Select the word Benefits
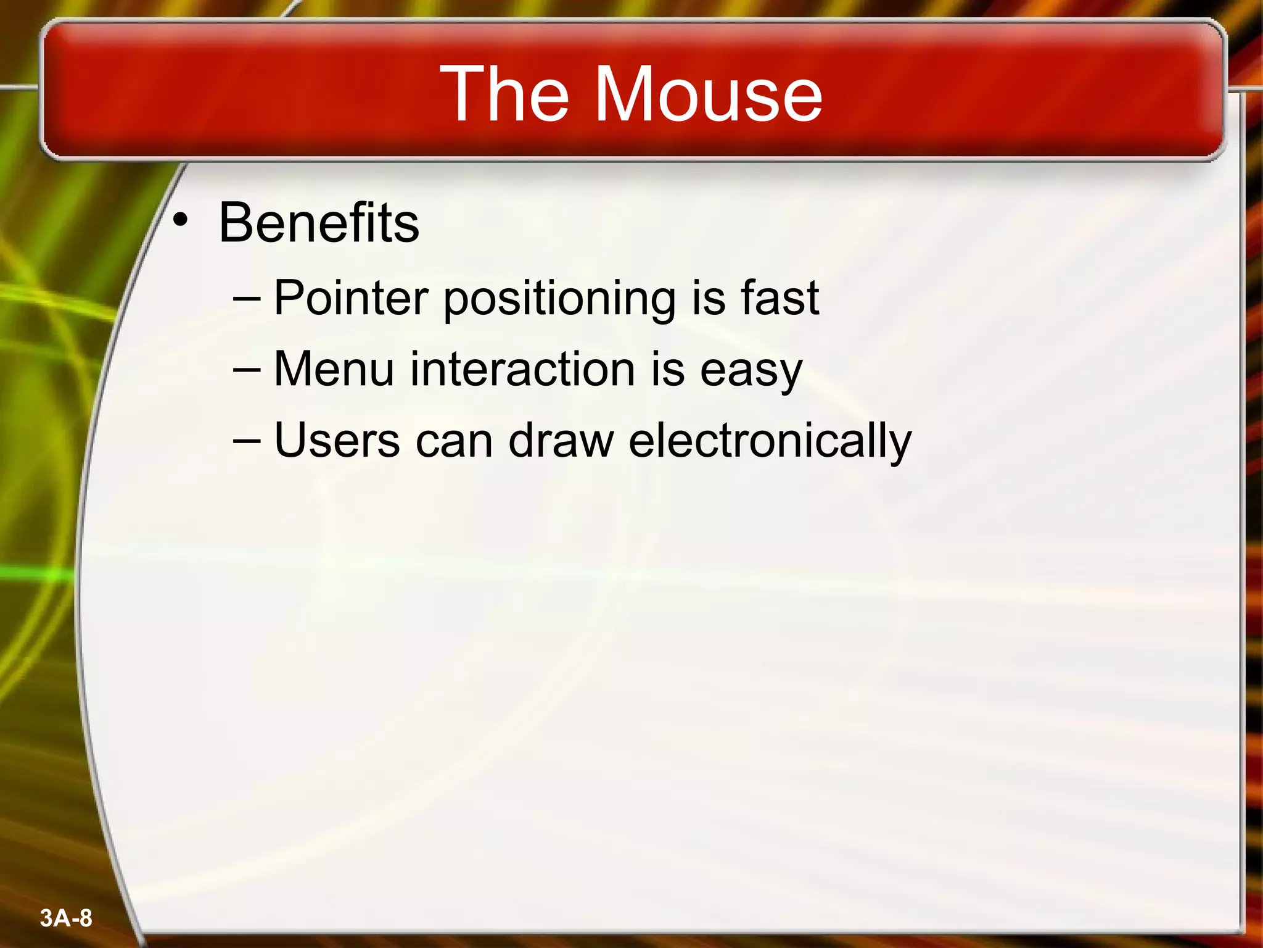point(319,223)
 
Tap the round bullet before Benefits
point(180,220)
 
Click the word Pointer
point(350,298)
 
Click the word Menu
point(334,369)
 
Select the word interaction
point(522,369)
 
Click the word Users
point(337,441)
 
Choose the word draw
point(561,441)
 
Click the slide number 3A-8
point(66,918)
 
